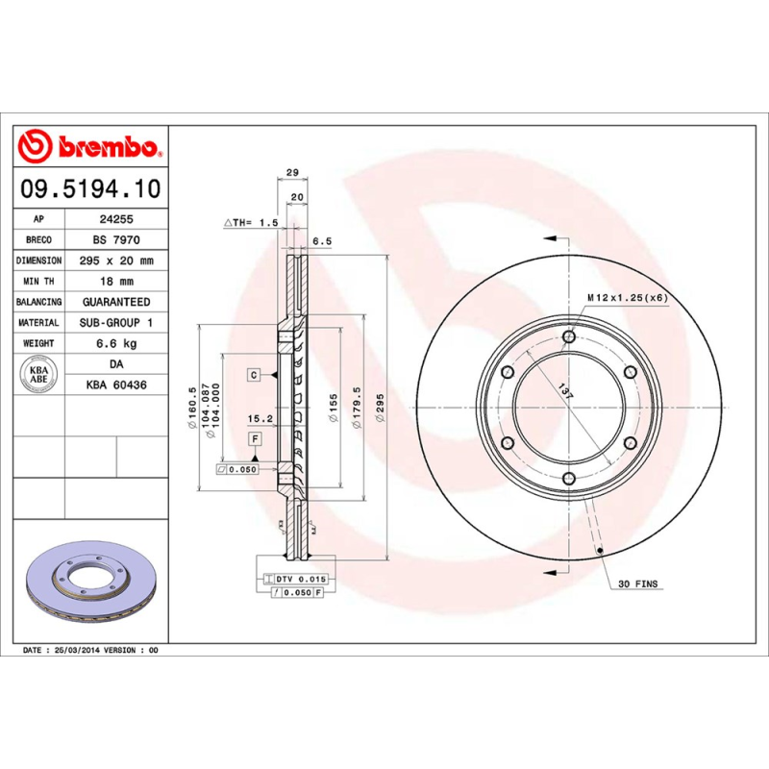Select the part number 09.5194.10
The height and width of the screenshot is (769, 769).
[x=90, y=186]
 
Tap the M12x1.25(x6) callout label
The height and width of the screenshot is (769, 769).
[x=627, y=298]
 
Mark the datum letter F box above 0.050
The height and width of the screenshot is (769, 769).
[x=256, y=439]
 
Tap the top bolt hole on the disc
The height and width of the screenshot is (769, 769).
[x=569, y=337]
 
